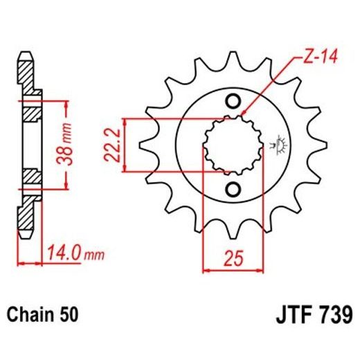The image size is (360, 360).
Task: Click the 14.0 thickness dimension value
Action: (x=61, y=255)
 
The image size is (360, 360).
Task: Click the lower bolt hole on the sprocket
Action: (x=233, y=190)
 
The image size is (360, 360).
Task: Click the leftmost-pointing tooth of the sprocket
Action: (x=146, y=147)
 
